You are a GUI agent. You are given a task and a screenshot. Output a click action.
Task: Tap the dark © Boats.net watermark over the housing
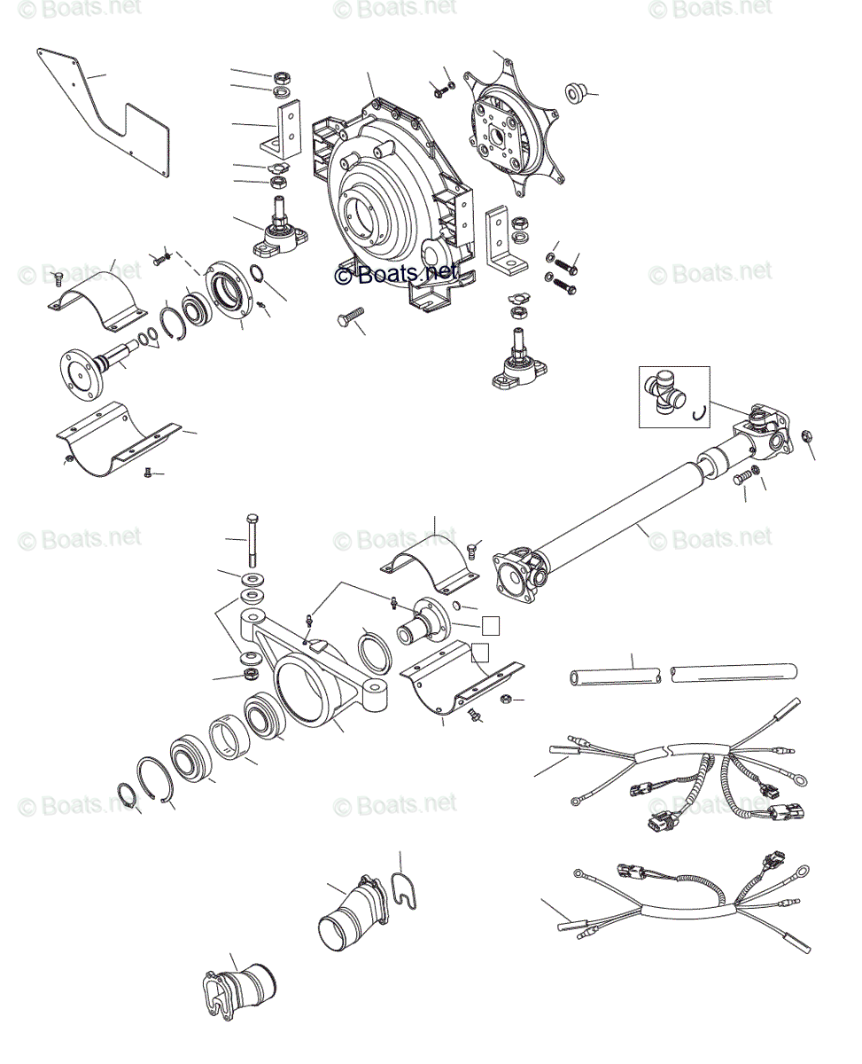point(398,274)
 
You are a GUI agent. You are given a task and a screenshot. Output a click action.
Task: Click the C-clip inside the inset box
point(699,411)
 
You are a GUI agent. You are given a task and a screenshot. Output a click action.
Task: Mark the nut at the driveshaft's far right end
point(805,435)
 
